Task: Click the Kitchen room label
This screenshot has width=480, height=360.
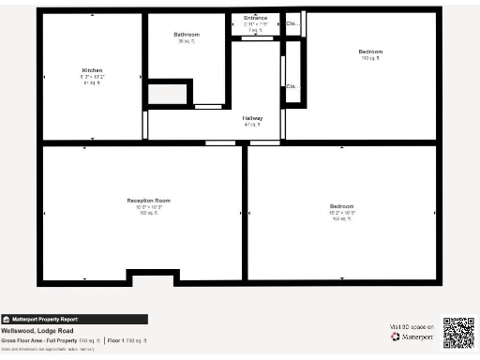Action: point(92,70)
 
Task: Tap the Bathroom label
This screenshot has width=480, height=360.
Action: point(186,35)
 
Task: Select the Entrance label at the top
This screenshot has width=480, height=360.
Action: point(255,19)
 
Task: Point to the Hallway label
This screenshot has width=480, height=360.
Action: point(253,118)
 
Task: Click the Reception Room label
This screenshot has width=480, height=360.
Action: point(149,201)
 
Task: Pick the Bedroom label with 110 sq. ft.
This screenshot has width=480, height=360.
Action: point(370,52)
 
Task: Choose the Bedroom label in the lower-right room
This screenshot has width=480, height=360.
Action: point(341,206)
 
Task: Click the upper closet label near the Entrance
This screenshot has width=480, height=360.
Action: point(293,23)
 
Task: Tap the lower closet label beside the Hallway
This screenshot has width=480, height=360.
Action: point(292,88)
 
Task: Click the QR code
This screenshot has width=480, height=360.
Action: point(458,333)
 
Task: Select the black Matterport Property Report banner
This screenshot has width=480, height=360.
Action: point(74,319)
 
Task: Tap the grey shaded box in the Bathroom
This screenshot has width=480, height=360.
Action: point(167,93)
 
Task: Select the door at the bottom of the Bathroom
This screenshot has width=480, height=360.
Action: point(207,107)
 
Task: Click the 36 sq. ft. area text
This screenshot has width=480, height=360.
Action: point(186,41)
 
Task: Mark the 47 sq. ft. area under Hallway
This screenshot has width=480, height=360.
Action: point(252,125)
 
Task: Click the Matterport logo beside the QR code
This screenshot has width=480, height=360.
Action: point(410,337)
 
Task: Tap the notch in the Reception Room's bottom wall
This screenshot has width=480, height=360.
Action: point(152,277)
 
